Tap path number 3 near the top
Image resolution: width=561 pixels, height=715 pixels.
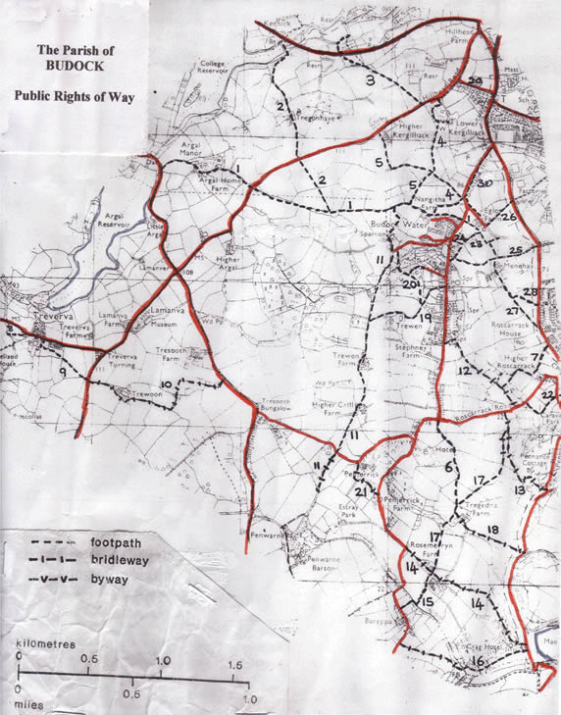[371, 80]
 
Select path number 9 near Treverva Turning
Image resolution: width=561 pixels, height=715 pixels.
[64, 373]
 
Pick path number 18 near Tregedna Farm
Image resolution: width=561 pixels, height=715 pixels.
[492, 531]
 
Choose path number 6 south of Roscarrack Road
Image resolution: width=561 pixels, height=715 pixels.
[449, 467]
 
